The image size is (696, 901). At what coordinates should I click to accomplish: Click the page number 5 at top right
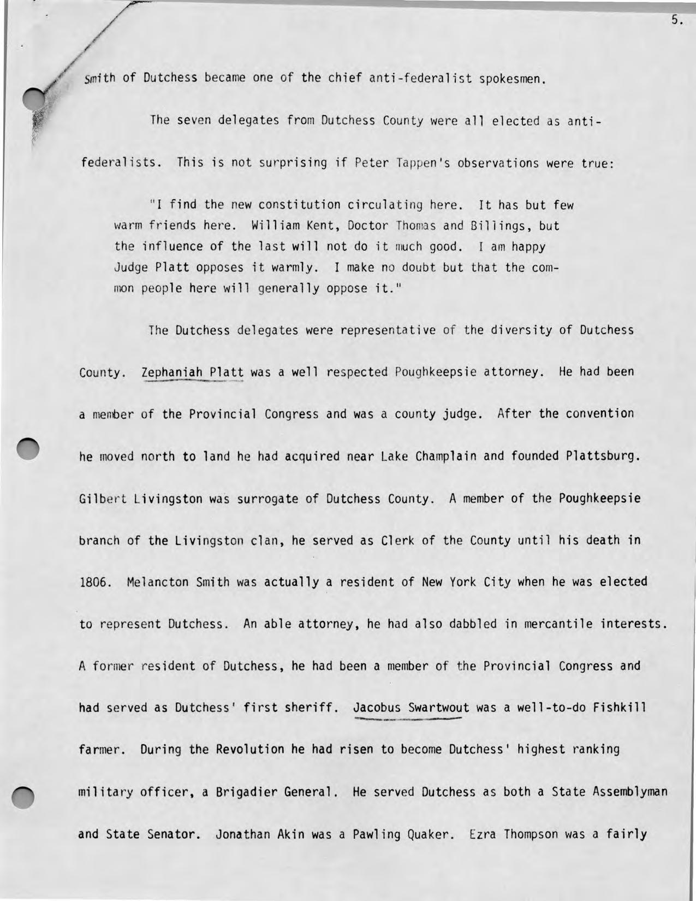click(x=676, y=21)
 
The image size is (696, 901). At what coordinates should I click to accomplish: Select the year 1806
click(x=96, y=582)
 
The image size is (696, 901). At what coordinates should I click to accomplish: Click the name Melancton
click(x=157, y=582)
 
